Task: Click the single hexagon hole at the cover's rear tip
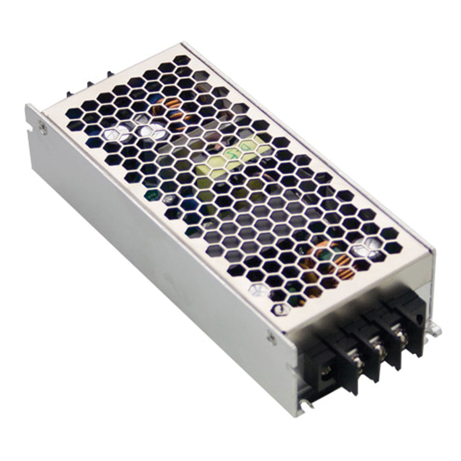182,59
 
